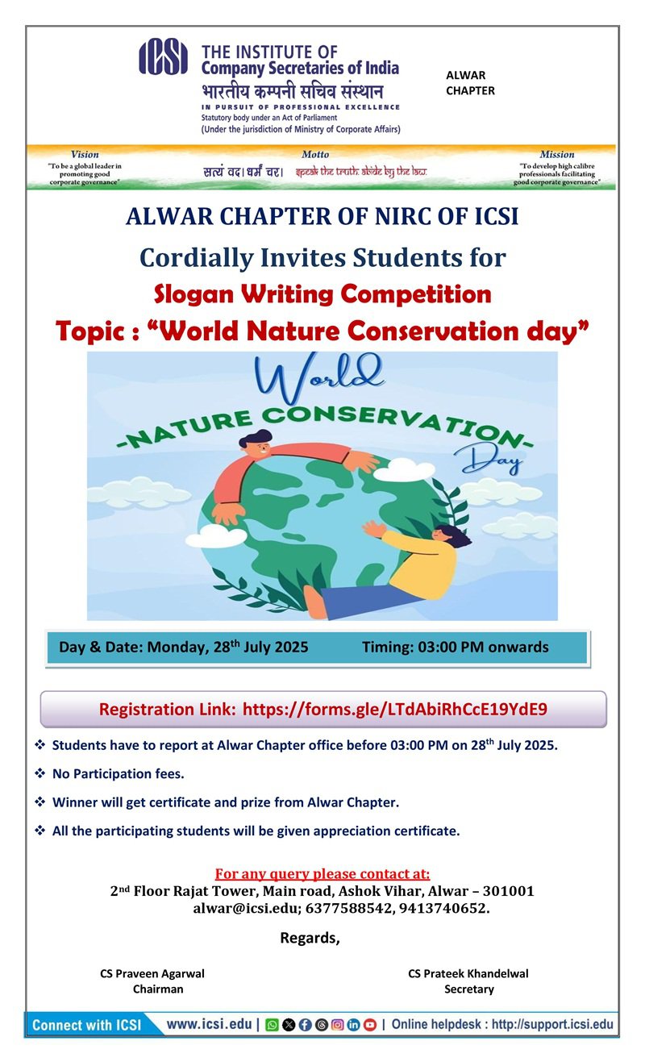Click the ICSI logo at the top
(x=163, y=56)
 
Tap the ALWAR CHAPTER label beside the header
(x=470, y=83)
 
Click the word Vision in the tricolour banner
(x=85, y=155)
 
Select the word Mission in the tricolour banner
(x=557, y=155)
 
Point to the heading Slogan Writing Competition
(x=322, y=294)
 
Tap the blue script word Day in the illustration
(x=489, y=459)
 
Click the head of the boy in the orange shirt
(x=256, y=444)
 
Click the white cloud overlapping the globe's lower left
(x=216, y=536)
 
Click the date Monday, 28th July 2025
(x=227, y=647)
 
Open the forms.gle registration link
(x=395, y=710)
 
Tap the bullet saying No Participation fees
(x=118, y=774)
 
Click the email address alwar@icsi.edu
(x=247, y=908)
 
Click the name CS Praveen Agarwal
(x=152, y=973)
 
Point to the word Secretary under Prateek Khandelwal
(x=469, y=989)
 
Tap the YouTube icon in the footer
(x=369, y=1025)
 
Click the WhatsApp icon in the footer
(x=272, y=1025)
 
